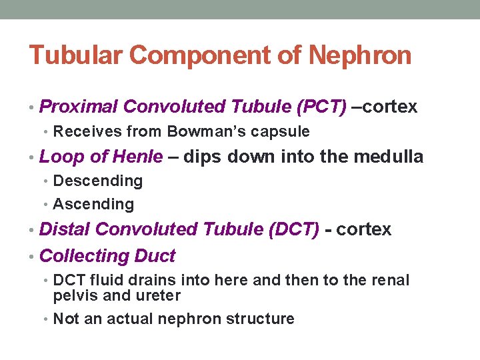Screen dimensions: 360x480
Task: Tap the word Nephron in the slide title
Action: pyautogui.click(x=360, y=55)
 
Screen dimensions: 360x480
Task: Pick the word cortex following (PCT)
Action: pyautogui.click(x=389, y=107)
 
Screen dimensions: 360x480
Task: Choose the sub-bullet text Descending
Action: pyautogui.click(x=97, y=181)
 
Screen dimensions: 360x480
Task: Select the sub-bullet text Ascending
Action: pyautogui.click(x=93, y=204)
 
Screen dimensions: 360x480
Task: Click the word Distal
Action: pyautogui.click(x=65, y=229)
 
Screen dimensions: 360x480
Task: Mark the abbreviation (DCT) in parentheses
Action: pyautogui.click(x=293, y=229)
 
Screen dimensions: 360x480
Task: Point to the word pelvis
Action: pyautogui.click(x=74, y=295)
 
